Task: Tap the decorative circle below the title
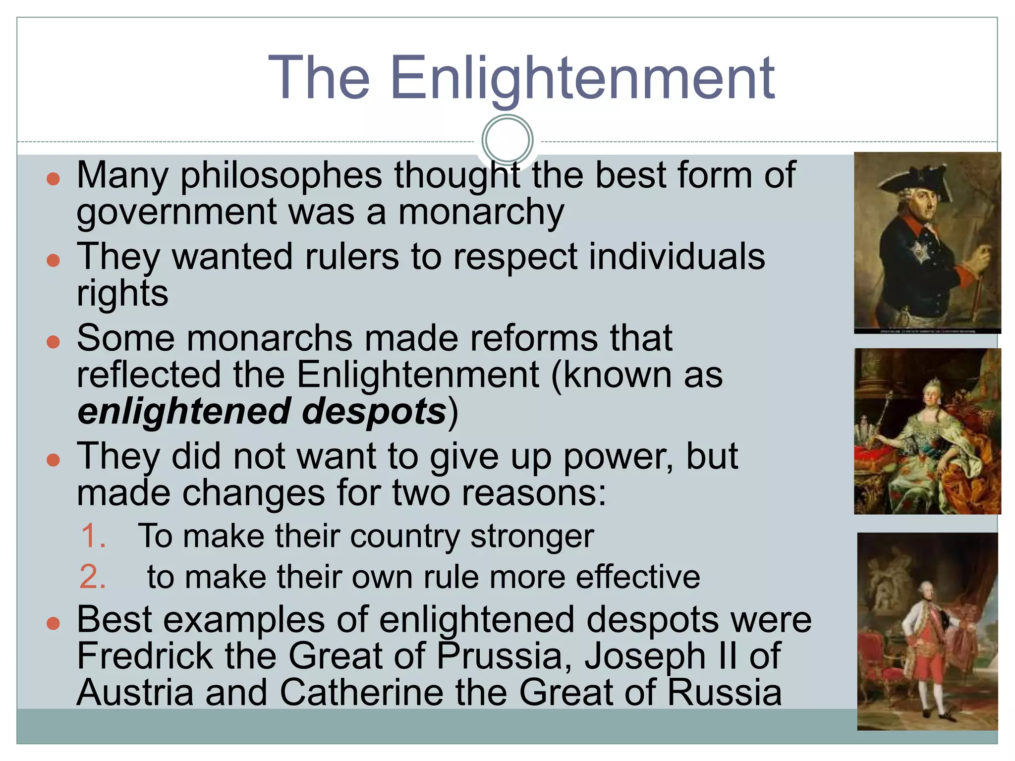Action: (x=507, y=140)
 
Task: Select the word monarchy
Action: (x=481, y=212)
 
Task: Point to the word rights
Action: (x=122, y=294)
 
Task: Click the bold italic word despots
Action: (x=374, y=412)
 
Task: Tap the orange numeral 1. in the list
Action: (x=93, y=536)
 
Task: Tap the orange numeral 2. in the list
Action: (x=93, y=577)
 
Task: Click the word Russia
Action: (x=724, y=692)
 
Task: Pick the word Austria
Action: (x=135, y=692)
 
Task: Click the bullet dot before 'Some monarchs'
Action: (x=53, y=341)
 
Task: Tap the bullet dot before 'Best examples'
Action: (x=53, y=623)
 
